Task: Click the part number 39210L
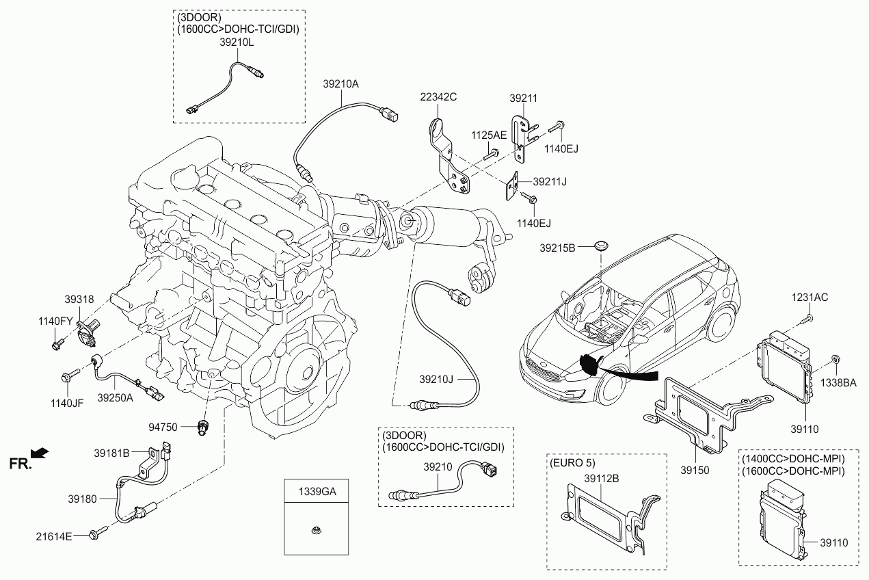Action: [x=237, y=42]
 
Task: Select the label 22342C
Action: [x=438, y=97]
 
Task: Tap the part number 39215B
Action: [x=557, y=248]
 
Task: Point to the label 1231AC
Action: [x=810, y=297]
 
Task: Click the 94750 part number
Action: [x=163, y=427]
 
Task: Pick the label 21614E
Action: [x=54, y=536]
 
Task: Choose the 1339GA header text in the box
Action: [x=317, y=492]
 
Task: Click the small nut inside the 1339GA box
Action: [x=315, y=530]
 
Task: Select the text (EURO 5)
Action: [x=572, y=462]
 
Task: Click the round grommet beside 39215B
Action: [x=600, y=246]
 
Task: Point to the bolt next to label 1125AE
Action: [x=491, y=154]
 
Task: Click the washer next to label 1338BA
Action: [x=835, y=358]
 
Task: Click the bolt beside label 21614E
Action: [x=98, y=532]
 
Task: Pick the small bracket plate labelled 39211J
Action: [x=511, y=187]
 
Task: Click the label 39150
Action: [x=695, y=470]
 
